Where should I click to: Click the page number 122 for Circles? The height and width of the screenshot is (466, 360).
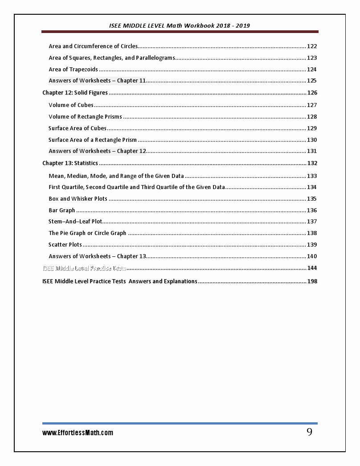pos(312,46)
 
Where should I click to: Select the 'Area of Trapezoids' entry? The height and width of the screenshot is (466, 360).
pos(73,70)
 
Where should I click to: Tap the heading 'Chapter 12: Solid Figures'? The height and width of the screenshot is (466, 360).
pos(75,93)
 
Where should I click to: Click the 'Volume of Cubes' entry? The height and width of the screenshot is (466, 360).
pos(71,105)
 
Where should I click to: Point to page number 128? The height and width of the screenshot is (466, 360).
pos(312,117)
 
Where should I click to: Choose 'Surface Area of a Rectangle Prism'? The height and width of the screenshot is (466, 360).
pos(93,140)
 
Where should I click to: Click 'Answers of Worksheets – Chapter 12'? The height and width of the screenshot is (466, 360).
pos(97,151)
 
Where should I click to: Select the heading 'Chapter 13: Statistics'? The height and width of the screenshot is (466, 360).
pos(70,163)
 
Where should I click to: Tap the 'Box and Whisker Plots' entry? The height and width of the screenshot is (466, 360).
pos(78,199)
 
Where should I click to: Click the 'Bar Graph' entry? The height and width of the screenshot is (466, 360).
pos(61,210)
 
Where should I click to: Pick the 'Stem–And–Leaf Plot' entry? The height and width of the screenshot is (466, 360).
pos(75,222)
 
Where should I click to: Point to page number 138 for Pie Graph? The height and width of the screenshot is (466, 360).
pos(312,233)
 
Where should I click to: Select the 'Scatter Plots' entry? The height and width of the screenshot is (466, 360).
pos(65,245)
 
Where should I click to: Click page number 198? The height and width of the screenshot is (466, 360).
pos(312,281)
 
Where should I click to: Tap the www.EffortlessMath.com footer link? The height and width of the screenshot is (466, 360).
pos(78,433)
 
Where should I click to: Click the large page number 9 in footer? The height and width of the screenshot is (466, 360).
pos(309,432)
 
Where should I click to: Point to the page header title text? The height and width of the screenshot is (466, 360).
pos(180,25)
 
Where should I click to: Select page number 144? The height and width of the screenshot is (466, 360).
pos(312,268)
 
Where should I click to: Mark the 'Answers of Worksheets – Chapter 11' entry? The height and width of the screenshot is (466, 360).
pos(97,81)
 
